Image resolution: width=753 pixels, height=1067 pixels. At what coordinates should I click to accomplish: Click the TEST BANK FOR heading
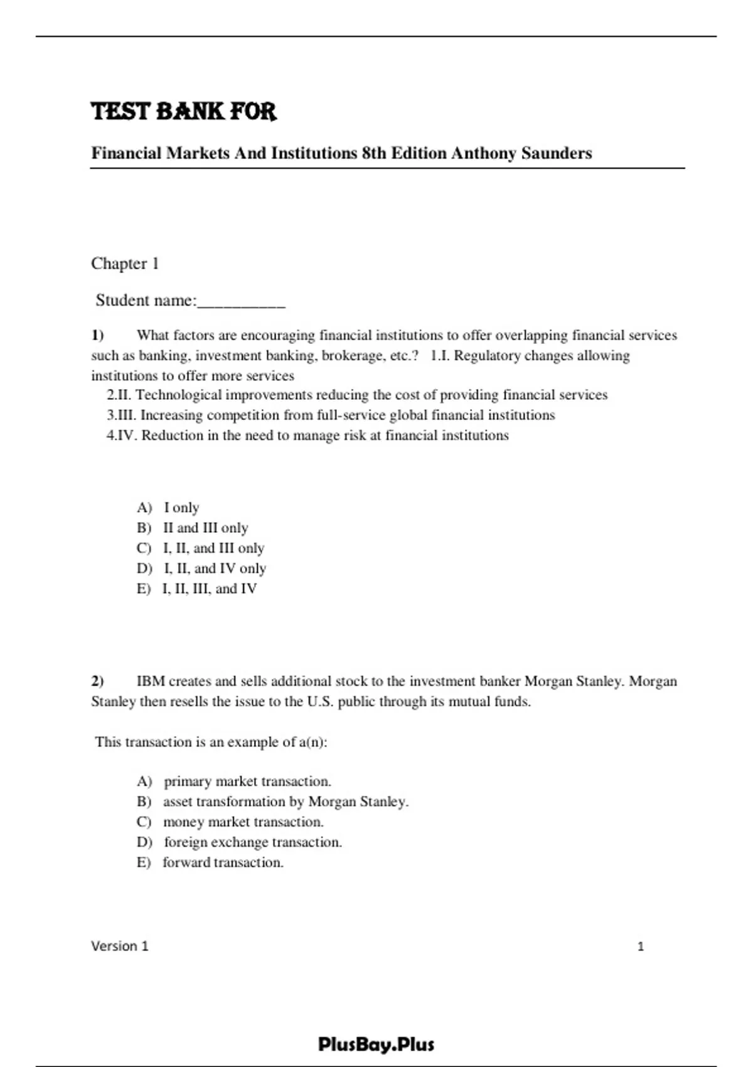[183, 112]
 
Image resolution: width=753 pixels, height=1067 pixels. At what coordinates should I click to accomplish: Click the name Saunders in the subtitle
[557, 153]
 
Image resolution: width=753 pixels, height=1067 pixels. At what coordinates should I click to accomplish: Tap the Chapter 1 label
[125, 264]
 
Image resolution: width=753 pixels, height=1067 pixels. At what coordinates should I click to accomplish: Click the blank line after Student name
[242, 303]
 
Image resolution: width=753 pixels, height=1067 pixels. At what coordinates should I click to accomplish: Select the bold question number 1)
[97, 335]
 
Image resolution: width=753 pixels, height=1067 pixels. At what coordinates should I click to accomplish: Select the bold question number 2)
[97, 681]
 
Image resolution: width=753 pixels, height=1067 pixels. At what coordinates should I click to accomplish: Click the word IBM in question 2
[151, 681]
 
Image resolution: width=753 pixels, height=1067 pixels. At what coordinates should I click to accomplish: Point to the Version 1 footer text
[120, 946]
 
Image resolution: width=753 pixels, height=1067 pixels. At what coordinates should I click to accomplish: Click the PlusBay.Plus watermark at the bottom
[376, 1044]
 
